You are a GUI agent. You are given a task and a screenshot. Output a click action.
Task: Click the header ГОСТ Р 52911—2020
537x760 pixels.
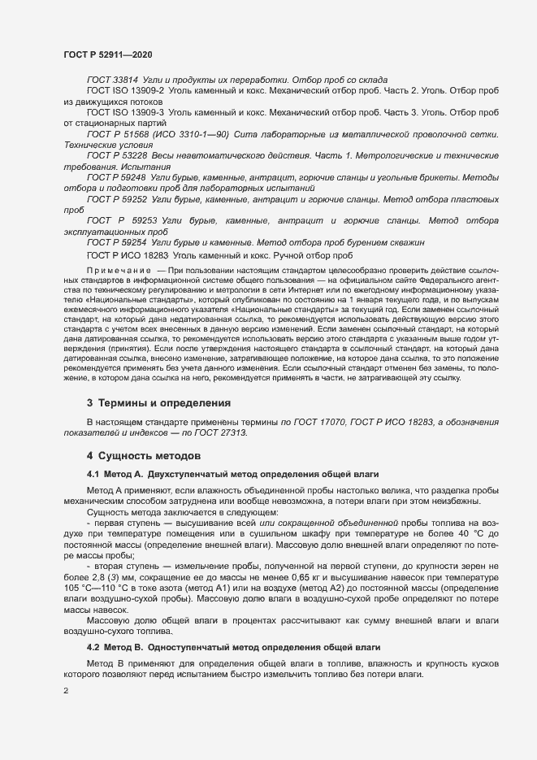[x=107, y=54]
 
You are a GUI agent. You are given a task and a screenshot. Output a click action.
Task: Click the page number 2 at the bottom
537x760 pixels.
[x=66, y=691]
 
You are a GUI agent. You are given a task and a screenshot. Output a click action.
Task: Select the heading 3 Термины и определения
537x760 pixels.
[x=158, y=402]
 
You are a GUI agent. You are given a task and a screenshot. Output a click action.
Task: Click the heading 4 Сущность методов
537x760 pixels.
[x=138, y=457]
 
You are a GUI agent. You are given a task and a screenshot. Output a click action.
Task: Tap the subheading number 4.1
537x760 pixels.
[x=93, y=473]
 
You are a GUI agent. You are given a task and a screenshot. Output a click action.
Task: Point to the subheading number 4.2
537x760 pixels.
[x=93, y=647]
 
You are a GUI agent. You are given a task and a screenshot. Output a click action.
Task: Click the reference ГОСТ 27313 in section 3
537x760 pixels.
[x=221, y=433]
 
